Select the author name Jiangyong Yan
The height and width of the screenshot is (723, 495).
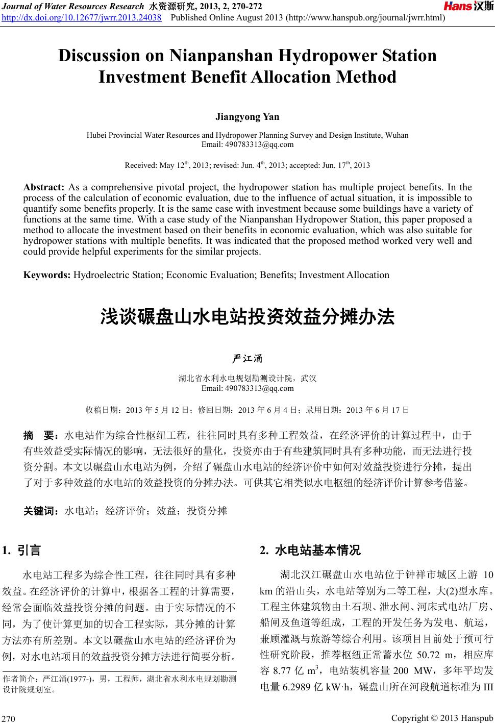point(247,117)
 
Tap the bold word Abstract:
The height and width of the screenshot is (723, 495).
point(44,187)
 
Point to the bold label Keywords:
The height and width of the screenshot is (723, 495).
point(47,275)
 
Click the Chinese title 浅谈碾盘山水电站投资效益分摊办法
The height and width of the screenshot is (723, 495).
point(247,317)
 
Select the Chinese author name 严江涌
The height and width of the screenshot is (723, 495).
point(247,359)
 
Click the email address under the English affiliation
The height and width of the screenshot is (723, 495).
point(247,144)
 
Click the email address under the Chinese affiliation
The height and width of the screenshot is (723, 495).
point(247,388)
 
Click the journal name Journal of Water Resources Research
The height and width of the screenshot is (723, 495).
point(73,7)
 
